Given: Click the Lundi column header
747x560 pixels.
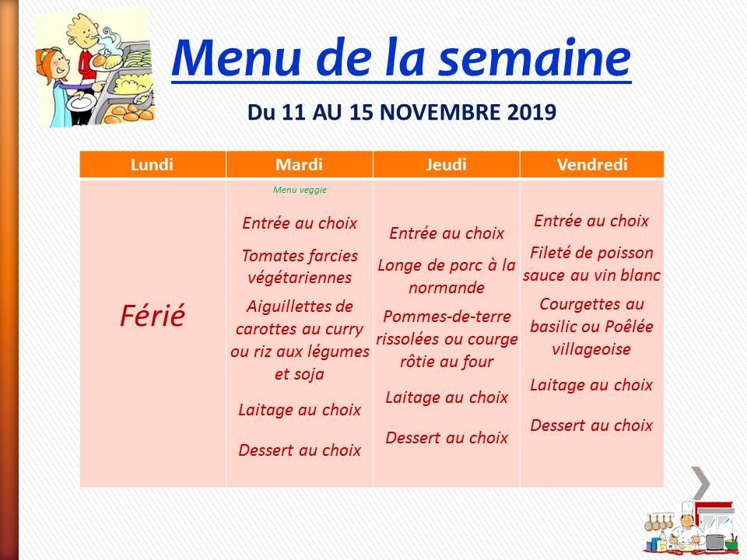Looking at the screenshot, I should tap(153, 165).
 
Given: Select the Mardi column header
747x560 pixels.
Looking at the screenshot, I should tap(300, 165).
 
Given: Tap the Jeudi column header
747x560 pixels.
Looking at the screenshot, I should tap(447, 165).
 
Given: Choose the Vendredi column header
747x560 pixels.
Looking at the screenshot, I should tap(592, 165).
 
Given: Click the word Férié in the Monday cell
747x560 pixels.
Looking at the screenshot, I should tap(153, 317).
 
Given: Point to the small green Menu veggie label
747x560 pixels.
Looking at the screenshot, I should tap(300, 189).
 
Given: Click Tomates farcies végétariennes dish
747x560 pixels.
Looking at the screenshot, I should tap(300, 266).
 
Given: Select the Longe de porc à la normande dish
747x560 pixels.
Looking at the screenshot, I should tap(447, 276).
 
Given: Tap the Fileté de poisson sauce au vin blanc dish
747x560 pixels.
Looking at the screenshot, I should tap(592, 264).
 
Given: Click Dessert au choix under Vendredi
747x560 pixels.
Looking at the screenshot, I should tap(592, 425).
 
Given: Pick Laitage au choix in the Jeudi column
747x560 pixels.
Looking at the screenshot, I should tap(447, 397).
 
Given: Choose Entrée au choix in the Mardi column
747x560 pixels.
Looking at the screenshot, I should tap(300, 223).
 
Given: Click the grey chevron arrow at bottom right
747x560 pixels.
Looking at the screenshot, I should tap(700, 482).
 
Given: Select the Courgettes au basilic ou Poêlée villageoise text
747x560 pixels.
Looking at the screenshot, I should tap(592, 327).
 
